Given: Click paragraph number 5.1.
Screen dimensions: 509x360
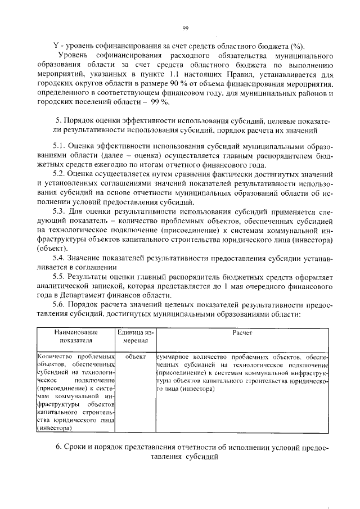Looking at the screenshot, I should (60, 145).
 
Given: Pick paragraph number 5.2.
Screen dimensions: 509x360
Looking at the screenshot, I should (60, 174).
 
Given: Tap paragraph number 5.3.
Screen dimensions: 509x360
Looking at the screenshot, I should (60, 211).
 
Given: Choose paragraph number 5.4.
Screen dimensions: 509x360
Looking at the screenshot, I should (60, 258).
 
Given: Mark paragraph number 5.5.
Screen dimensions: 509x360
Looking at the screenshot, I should (60, 277).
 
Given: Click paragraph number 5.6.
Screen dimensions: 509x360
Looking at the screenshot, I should (60, 305).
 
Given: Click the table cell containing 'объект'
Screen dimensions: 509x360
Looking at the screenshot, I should (136, 357).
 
